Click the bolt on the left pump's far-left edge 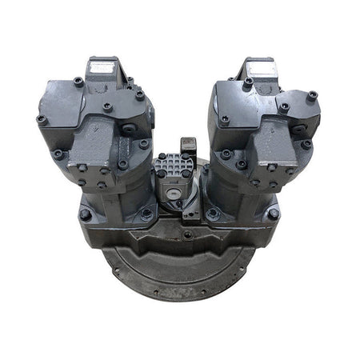(x=41, y=119)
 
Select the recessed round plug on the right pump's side (x=298, y=128)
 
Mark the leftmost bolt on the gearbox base (x=85, y=214)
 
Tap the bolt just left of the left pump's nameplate (x=78, y=81)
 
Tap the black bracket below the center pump (x=190, y=212)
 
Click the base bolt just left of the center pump (x=146, y=214)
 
